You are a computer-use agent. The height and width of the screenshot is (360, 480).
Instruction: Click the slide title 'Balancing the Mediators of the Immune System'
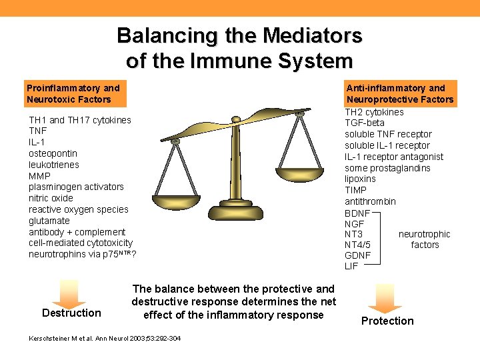click(x=240, y=47)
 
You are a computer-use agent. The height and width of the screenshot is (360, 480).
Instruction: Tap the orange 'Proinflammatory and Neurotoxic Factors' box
click(x=73, y=94)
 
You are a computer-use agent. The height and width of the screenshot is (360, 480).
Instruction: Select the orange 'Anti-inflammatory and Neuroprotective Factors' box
click(x=400, y=94)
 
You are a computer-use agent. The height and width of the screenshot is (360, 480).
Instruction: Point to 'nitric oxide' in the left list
click(x=51, y=198)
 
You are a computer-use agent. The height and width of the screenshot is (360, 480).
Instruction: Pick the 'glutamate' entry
click(x=49, y=221)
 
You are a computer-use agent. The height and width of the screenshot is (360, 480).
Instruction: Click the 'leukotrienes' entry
click(x=54, y=165)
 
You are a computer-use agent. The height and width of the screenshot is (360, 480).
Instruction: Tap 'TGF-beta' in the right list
click(x=365, y=123)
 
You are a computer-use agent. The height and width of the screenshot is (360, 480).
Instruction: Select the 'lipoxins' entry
click(x=361, y=179)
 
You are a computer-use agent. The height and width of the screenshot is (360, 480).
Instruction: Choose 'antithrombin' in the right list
click(x=370, y=201)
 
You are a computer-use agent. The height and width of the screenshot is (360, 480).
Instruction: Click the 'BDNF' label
click(x=357, y=213)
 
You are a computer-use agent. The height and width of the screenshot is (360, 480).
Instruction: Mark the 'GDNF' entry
click(x=358, y=255)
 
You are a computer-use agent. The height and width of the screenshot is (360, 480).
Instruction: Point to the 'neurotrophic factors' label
click(x=425, y=239)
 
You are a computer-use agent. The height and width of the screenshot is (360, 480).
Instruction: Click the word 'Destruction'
click(x=71, y=313)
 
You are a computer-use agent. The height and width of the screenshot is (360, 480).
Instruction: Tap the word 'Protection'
click(x=387, y=321)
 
